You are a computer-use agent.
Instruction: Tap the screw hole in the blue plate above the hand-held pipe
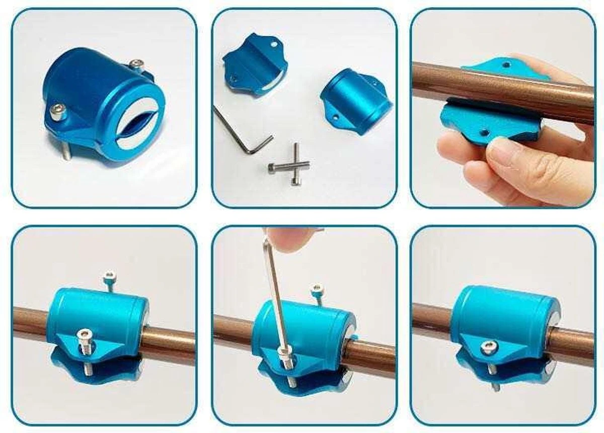click(506, 65)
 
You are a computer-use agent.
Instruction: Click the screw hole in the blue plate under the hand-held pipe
click(484, 133)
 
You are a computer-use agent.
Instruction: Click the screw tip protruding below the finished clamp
click(495, 387)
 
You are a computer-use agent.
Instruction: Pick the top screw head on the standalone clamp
click(135, 64)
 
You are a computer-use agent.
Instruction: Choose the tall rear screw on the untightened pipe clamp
click(109, 278)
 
